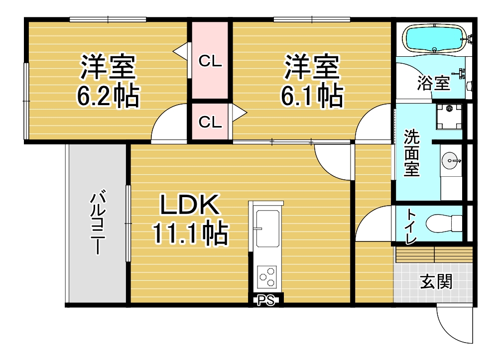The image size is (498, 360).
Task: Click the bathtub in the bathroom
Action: [x=434, y=39]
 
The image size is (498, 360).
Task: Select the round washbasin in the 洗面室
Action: [x=451, y=161]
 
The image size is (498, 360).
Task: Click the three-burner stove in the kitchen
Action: [x=267, y=277]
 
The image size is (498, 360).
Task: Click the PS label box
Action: [x=266, y=300]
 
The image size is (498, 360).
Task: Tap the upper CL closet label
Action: [x=210, y=61]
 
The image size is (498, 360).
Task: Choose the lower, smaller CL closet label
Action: [x=210, y=121]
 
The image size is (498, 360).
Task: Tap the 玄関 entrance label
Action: [x=436, y=282]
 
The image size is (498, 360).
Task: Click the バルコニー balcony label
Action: [x=98, y=222]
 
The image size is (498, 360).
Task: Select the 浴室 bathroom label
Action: [x=434, y=83]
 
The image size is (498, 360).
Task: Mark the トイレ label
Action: [x=411, y=226]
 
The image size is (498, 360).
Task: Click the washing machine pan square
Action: [x=449, y=117]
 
